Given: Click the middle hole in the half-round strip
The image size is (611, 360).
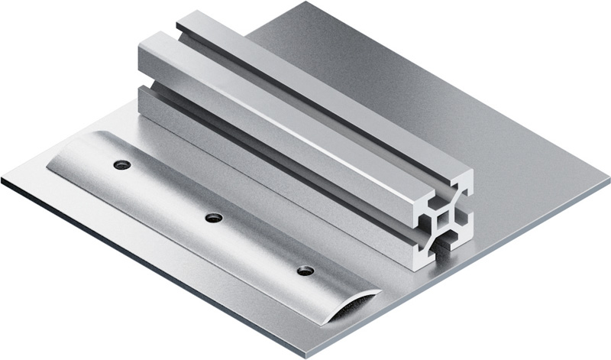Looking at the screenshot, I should click(x=214, y=218).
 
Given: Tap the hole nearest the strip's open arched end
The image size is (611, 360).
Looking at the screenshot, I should click(x=305, y=271).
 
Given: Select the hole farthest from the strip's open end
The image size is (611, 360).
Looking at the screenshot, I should click(x=121, y=164).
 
